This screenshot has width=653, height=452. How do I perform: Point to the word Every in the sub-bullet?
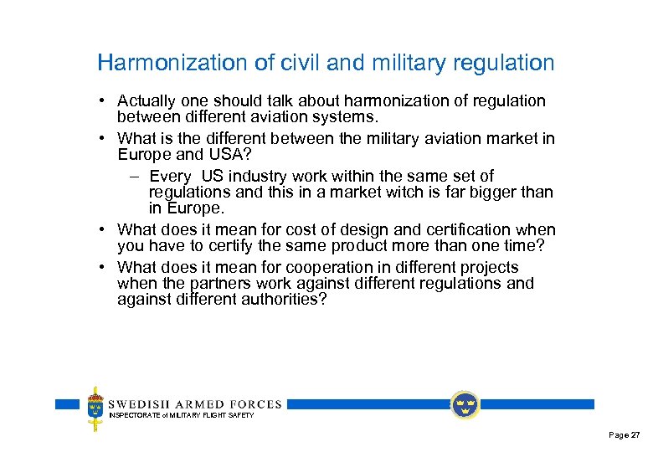click(x=171, y=177)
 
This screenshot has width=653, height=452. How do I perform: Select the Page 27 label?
click(x=624, y=435)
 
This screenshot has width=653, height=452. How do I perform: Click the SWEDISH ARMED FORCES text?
click(x=195, y=404)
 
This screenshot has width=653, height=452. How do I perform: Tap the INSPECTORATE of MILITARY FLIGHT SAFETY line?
click(x=181, y=415)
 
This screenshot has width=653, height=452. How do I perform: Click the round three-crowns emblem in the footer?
click(x=464, y=405)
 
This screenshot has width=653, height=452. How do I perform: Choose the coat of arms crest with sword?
click(x=95, y=408)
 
